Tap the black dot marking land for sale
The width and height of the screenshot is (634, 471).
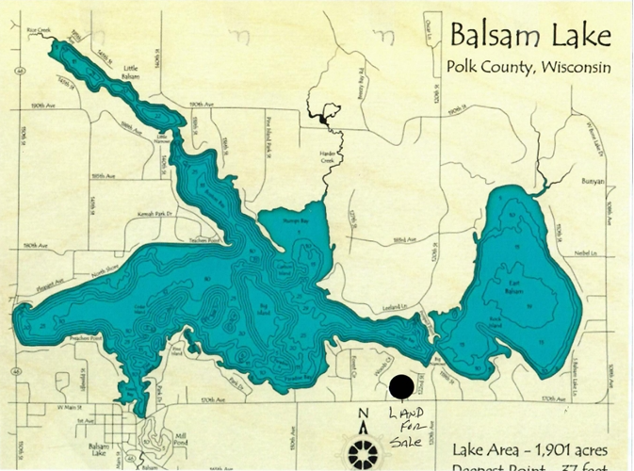point(401,385)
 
